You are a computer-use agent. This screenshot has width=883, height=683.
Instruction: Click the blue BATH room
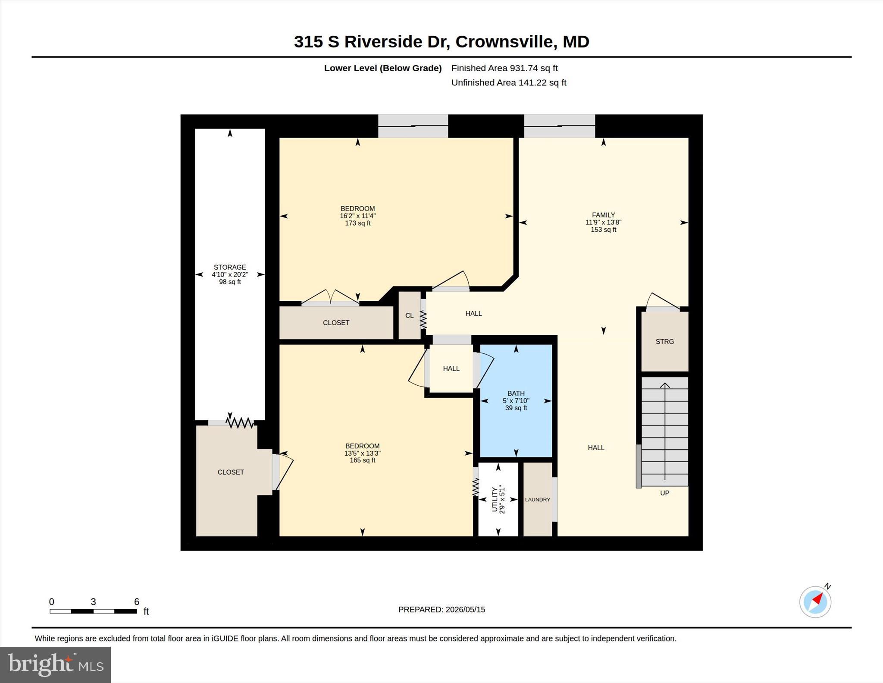coord(516,400)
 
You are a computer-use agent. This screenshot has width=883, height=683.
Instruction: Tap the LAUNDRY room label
coord(537,500)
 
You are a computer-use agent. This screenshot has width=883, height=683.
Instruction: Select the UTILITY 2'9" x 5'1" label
coord(498,500)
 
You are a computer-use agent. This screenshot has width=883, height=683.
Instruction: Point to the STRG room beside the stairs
coord(664,341)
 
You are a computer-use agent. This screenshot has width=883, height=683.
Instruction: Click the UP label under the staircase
coord(664,493)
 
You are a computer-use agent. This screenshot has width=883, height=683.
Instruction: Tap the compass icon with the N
coord(815,601)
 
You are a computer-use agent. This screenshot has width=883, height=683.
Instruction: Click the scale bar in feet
coord(93,611)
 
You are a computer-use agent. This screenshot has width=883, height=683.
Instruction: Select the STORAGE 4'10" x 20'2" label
coord(230,274)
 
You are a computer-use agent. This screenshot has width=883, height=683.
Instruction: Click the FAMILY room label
coord(603,222)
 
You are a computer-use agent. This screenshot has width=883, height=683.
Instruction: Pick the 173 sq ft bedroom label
coord(357,216)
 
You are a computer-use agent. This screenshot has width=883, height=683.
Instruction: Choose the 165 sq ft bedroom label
coord(362,453)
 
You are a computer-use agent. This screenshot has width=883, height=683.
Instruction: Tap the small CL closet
coord(409,315)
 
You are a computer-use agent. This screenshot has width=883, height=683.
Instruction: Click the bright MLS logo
coord(55,664)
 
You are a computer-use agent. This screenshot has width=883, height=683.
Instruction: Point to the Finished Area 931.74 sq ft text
coord(504,68)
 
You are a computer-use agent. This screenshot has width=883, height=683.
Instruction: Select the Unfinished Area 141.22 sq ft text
coord(509,82)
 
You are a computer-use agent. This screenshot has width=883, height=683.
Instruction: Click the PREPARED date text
coord(441,610)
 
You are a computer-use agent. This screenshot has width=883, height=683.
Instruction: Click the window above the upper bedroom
coord(413,126)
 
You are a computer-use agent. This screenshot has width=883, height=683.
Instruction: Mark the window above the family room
coord(559,126)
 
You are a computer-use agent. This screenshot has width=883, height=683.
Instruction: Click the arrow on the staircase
coord(665,431)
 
